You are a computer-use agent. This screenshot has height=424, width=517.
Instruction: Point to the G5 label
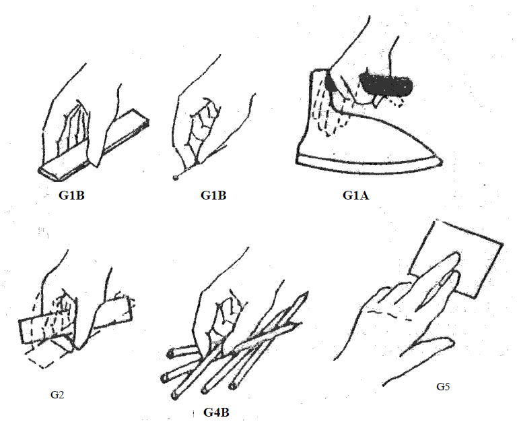tap(442, 387)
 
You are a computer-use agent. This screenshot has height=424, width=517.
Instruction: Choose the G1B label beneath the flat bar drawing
tap(73, 196)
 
